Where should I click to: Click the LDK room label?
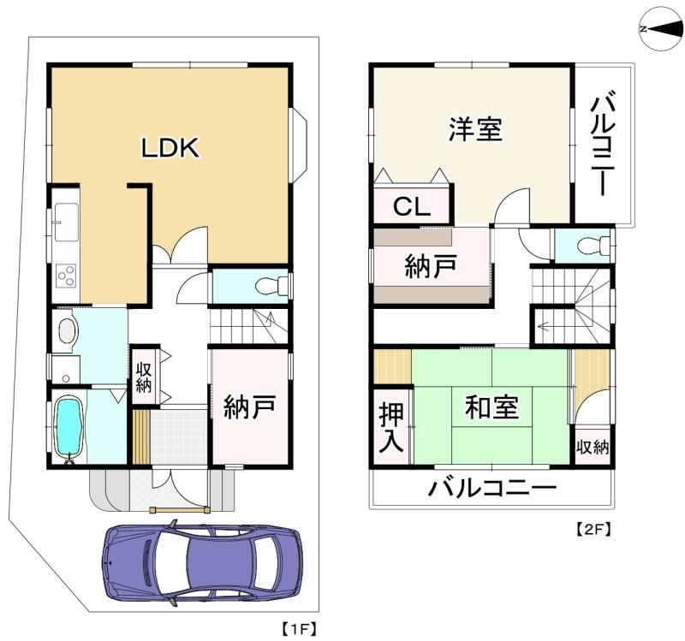click(170, 147)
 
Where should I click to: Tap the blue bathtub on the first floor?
click(69, 426)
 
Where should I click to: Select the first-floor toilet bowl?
click(266, 287)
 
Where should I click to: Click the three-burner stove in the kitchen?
click(68, 276)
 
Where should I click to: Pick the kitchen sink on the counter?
click(67, 222)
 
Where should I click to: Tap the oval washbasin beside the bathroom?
click(68, 330)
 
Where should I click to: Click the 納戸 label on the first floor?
click(249, 407)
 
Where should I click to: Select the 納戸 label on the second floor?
click(431, 266)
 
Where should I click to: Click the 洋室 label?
click(475, 129)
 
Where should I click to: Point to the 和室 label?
click(491, 407)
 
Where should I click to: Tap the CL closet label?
click(412, 206)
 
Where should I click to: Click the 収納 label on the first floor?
click(143, 377)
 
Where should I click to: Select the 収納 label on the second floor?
click(593, 447)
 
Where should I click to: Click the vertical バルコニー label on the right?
click(603, 142)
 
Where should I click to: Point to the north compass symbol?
click(661, 30)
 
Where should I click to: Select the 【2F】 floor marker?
click(592, 529)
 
